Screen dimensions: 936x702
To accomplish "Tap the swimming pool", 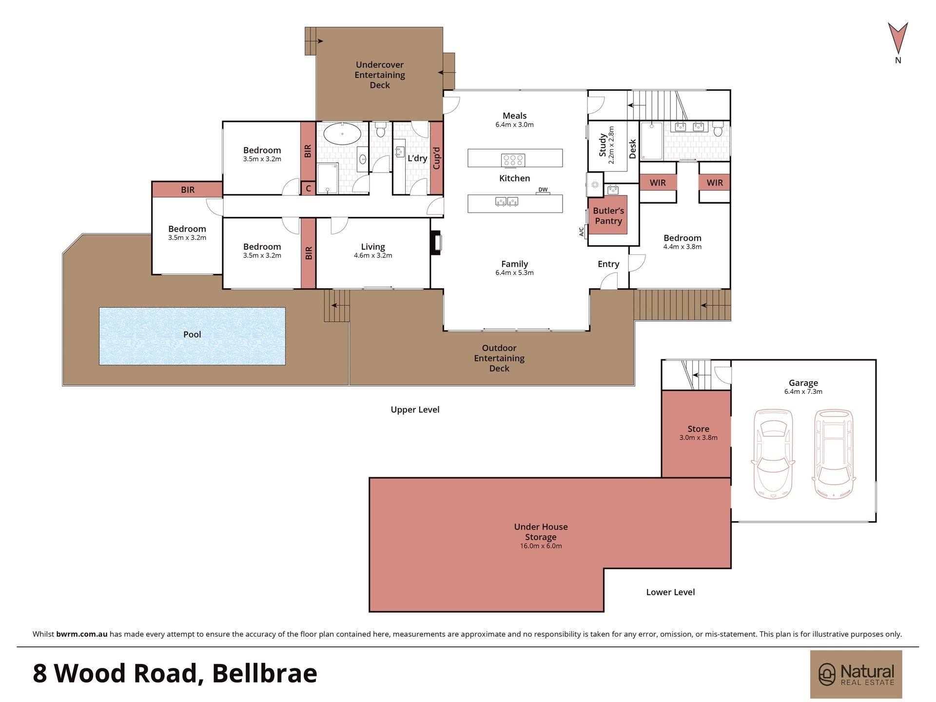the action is [192, 336].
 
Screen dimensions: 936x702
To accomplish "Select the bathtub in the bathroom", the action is [342, 134].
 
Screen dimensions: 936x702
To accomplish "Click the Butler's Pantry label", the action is [608, 215].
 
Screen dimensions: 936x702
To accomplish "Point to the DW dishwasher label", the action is [543, 190].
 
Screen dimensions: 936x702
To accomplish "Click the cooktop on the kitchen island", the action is [513, 160].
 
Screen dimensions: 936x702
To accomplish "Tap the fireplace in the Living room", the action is [436, 242].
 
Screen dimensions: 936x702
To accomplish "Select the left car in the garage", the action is [773, 453].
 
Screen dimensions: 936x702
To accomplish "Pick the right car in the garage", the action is [834, 453].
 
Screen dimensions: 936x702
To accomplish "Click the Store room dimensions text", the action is [698, 438].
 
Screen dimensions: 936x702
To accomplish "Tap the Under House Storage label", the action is [541, 532].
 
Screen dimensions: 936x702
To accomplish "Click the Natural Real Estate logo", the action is [856, 674].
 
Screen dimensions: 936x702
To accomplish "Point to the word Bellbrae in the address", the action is [265, 673].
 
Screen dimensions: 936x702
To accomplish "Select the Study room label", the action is [603, 145].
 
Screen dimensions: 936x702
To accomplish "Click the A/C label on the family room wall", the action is [581, 232].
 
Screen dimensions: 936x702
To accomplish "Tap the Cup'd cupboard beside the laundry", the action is [436, 158].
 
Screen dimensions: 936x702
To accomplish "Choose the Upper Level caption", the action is [415, 410].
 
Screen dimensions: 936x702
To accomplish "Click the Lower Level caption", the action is [670, 592].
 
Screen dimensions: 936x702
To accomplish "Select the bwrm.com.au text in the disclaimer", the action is [81, 634].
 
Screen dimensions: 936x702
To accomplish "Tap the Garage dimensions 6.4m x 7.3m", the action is [803, 391].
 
